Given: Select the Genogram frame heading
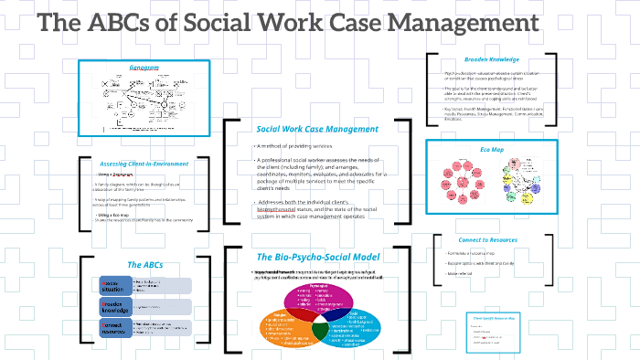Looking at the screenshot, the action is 144,68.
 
